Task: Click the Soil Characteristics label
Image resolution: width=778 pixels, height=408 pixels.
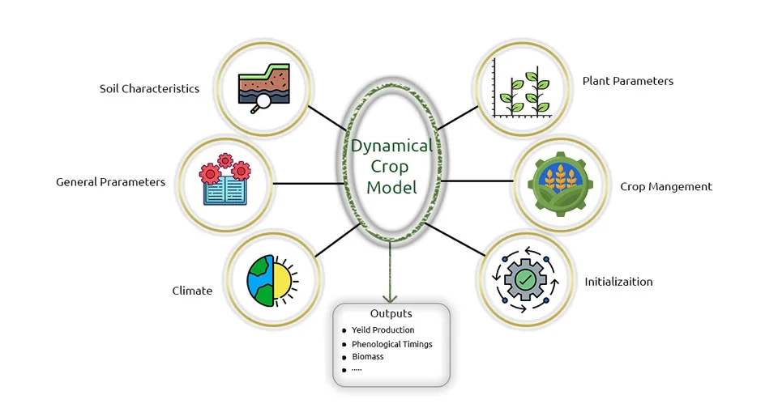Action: click(x=149, y=89)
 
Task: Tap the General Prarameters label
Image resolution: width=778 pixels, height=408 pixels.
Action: click(x=110, y=182)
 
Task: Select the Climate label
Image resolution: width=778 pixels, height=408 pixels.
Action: click(x=192, y=290)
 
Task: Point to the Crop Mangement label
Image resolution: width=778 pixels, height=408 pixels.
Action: click(x=665, y=186)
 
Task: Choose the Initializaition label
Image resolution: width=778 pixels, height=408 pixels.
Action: click(x=618, y=282)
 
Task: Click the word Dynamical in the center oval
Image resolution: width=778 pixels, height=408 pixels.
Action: click(x=391, y=147)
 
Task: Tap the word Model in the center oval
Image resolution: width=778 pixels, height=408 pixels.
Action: click(x=391, y=188)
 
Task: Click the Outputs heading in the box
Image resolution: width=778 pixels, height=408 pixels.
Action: click(x=391, y=314)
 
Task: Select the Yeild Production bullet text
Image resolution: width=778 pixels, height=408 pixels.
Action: click(x=383, y=330)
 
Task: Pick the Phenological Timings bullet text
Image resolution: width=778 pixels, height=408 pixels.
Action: click(x=391, y=344)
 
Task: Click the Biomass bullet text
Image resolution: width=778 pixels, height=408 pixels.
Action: click(x=368, y=356)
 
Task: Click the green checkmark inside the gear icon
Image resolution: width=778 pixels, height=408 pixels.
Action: click(x=525, y=280)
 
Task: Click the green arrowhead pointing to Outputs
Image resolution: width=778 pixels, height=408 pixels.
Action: click(x=391, y=297)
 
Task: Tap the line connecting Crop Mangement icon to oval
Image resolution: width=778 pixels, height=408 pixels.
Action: click(x=473, y=181)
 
